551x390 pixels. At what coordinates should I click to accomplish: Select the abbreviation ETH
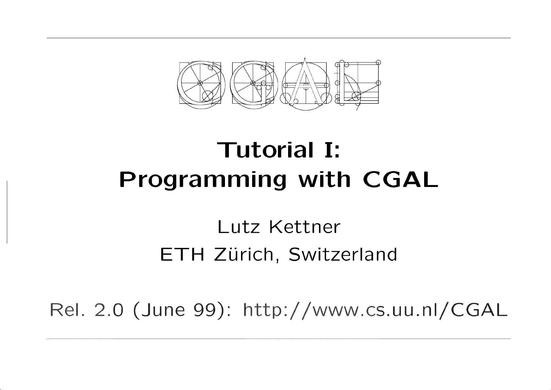pos(182,254)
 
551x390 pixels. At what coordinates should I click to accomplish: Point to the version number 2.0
pos(109,309)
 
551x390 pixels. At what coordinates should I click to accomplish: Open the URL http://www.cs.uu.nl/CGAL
pos(375,310)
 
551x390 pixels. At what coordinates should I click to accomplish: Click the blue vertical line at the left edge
pos(7,212)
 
